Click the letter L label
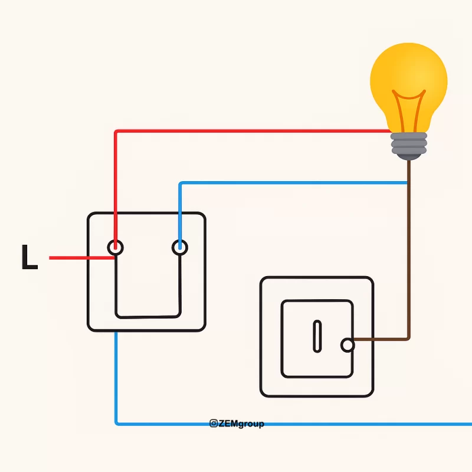[x=29, y=258]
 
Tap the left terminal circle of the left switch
[x=116, y=248]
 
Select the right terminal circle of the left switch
[x=180, y=248]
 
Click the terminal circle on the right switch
[x=348, y=345]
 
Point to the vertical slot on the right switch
[x=317, y=336]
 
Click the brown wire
[x=408, y=260]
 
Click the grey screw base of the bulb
[x=408, y=143]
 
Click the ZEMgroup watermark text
[x=237, y=424]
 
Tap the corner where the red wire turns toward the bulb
[x=116, y=132]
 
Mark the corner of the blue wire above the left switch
[x=181, y=183]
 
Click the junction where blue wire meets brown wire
[x=408, y=183]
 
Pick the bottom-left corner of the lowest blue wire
[x=117, y=423]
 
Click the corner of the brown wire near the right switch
[x=408, y=339]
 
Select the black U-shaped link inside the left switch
[x=147, y=316]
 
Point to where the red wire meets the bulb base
[x=390, y=132]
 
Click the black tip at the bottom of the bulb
[x=408, y=158]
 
